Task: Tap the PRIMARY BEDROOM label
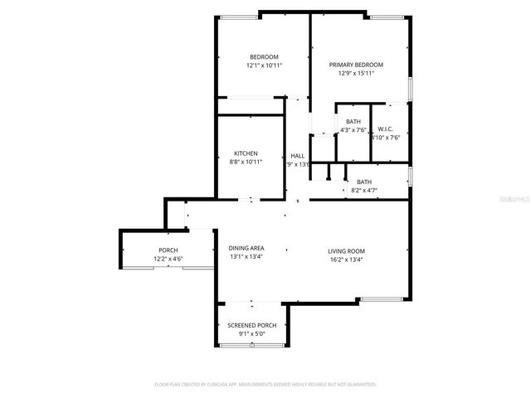(x=356, y=65)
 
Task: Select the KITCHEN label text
(x=246, y=153)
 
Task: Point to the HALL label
(x=297, y=156)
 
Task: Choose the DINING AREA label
(x=246, y=249)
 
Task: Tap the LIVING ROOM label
(x=346, y=250)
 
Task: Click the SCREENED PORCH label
(x=251, y=325)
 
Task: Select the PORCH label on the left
(x=168, y=250)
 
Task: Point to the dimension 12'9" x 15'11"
(x=356, y=73)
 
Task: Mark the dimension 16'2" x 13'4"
(x=346, y=259)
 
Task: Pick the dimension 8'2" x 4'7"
(x=364, y=191)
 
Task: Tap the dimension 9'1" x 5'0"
(x=251, y=333)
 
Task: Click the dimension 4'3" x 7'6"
(x=353, y=130)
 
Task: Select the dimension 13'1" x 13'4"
(x=246, y=257)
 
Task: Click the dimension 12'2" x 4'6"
(x=168, y=259)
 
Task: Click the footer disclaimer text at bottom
(x=265, y=385)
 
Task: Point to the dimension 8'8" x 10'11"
(x=246, y=162)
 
